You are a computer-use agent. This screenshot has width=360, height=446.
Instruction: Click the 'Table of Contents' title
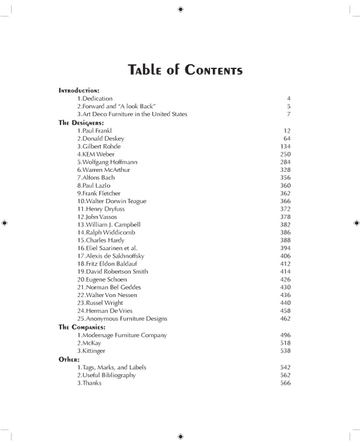pyautogui.click(x=186, y=70)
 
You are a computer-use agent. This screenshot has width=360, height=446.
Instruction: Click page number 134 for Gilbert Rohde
pyautogui.click(x=286, y=146)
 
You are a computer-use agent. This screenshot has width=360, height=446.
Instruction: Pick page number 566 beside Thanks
pyautogui.click(x=286, y=383)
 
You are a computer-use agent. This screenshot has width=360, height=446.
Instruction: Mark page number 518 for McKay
pyautogui.click(x=286, y=343)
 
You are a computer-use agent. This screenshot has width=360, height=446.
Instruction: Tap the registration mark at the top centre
pyautogui.click(x=180, y=9)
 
